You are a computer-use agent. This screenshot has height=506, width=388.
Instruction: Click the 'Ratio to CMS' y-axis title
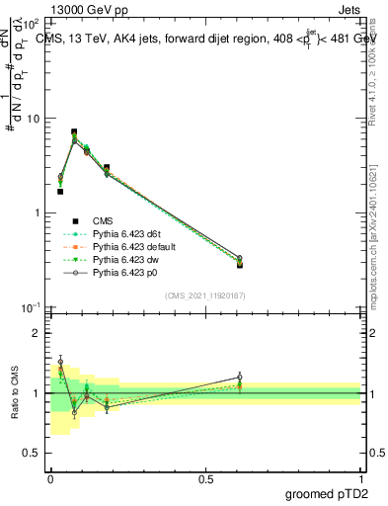click(x=15, y=393)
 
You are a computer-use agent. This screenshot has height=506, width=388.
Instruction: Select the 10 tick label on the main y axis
click(x=35, y=119)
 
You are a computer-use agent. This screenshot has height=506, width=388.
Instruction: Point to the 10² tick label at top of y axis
click(x=33, y=25)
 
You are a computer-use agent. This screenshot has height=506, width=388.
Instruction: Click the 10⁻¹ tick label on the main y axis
click(x=33, y=307)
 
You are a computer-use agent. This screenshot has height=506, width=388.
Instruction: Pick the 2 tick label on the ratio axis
click(x=39, y=334)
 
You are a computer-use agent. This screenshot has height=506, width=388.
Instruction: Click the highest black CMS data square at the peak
click(x=74, y=131)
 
